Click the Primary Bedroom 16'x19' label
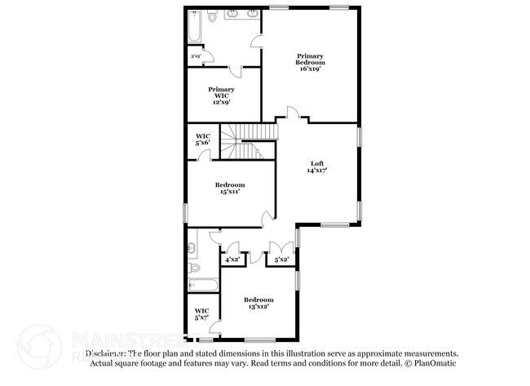pyautogui.click(x=311, y=63)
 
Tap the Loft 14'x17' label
pyautogui.click(x=318, y=167)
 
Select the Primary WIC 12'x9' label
pyautogui.click(x=222, y=96)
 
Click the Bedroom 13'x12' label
pyautogui.click(x=258, y=304)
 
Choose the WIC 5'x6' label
pyautogui.click(x=202, y=139)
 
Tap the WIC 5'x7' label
pyautogui.click(x=201, y=313)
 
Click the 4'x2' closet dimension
pyautogui.click(x=232, y=260)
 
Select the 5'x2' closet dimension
pyautogui.click(x=282, y=260)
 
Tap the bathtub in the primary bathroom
pyautogui.click(x=195, y=27)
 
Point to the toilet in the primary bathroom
pyautogui.click(x=211, y=16)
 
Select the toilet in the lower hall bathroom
pyautogui.click(x=194, y=267)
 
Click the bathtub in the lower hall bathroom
pyautogui.click(x=202, y=286)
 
